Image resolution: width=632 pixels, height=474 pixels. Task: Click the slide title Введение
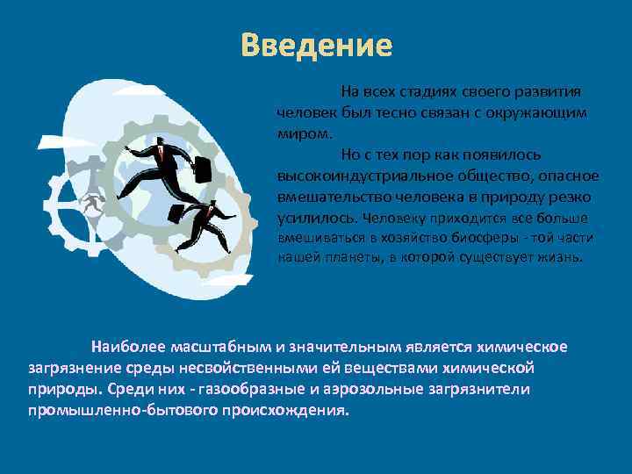(317, 45)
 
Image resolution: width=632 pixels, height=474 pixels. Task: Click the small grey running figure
(88, 204)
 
